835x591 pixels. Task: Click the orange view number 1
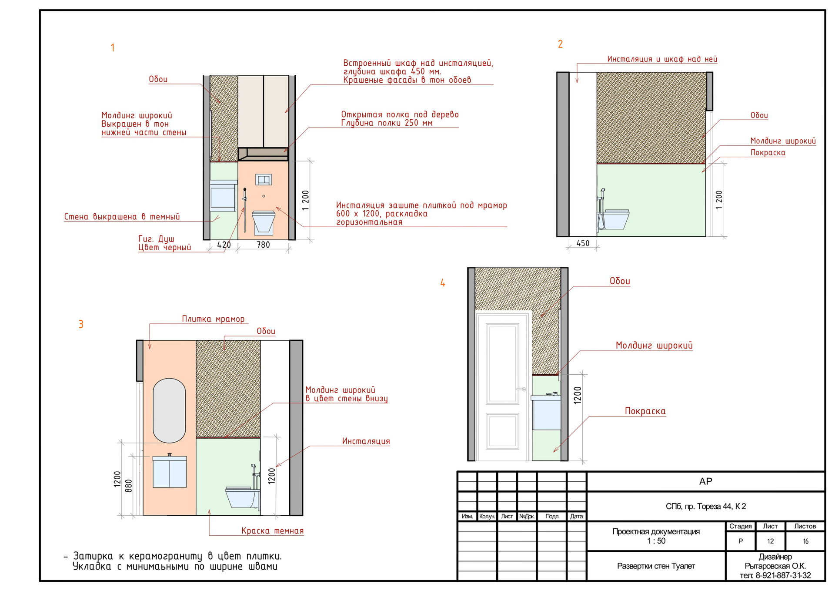pyautogui.click(x=113, y=47)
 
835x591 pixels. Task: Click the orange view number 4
pyautogui.click(x=443, y=283)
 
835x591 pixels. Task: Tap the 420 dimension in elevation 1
pyautogui.click(x=224, y=245)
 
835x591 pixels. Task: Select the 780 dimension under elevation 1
pyautogui.click(x=263, y=245)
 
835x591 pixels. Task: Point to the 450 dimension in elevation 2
pyautogui.click(x=583, y=243)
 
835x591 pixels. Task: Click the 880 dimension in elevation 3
pyautogui.click(x=128, y=486)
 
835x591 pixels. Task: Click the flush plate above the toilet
pyautogui.click(x=264, y=179)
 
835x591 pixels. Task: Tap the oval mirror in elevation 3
pyautogui.click(x=170, y=410)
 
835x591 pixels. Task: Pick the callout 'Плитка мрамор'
pyautogui.click(x=213, y=319)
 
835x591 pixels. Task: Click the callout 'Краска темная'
pyautogui.click(x=273, y=531)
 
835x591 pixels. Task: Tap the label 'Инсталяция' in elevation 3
pyautogui.click(x=366, y=441)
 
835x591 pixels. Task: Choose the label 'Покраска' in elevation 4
pyautogui.click(x=645, y=411)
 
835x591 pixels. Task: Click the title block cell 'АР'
pyautogui.click(x=705, y=481)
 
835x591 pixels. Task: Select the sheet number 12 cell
pyautogui.click(x=770, y=541)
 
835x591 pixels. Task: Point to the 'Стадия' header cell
pyautogui.click(x=741, y=526)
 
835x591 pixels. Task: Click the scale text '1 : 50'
pyautogui.click(x=656, y=541)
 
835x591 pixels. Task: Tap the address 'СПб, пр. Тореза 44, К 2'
pyautogui.click(x=705, y=506)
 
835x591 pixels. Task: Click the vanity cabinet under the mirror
pyautogui.click(x=170, y=472)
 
